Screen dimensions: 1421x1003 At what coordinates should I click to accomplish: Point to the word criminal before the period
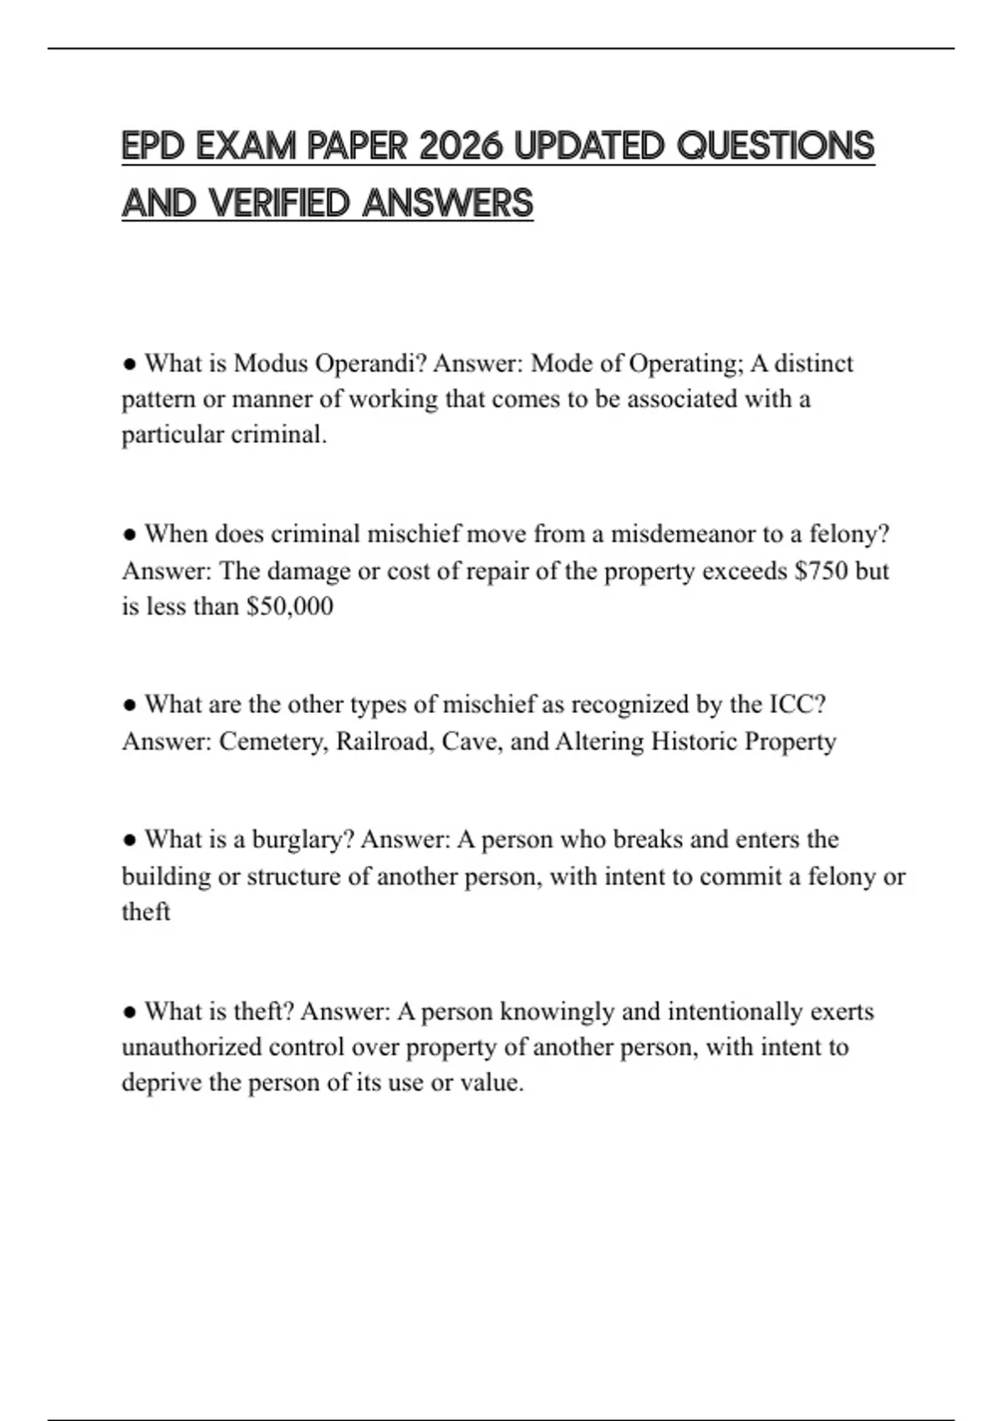click(x=277, y=435)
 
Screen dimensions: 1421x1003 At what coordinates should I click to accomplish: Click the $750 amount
click(x=821, y=571)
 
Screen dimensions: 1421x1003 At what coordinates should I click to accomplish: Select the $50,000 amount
click(x=290, y=607)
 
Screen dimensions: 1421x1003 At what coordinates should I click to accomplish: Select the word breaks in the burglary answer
click(x=648, y=839)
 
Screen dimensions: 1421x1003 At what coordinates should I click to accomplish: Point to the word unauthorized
click(x=191, y=1047)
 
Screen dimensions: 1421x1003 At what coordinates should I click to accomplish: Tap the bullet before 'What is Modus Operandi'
click(x=130, y=364)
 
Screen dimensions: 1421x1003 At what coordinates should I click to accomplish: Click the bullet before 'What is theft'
click(x=130, y=1012)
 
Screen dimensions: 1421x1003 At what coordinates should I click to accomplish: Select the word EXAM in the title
click(x=247, y=147)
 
